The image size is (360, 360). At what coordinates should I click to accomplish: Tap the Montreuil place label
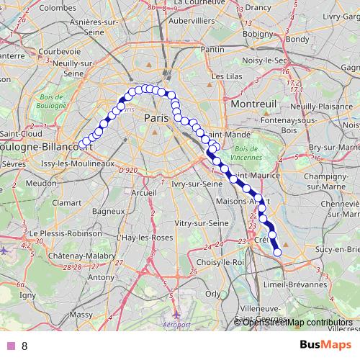coord(253,104)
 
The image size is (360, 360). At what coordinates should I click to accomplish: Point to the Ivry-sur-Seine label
coord(197,184)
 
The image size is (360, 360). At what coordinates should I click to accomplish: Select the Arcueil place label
coord(144,193)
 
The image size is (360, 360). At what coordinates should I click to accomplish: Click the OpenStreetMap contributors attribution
coord(297,322)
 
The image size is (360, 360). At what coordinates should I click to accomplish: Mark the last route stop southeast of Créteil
coord(277,251)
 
